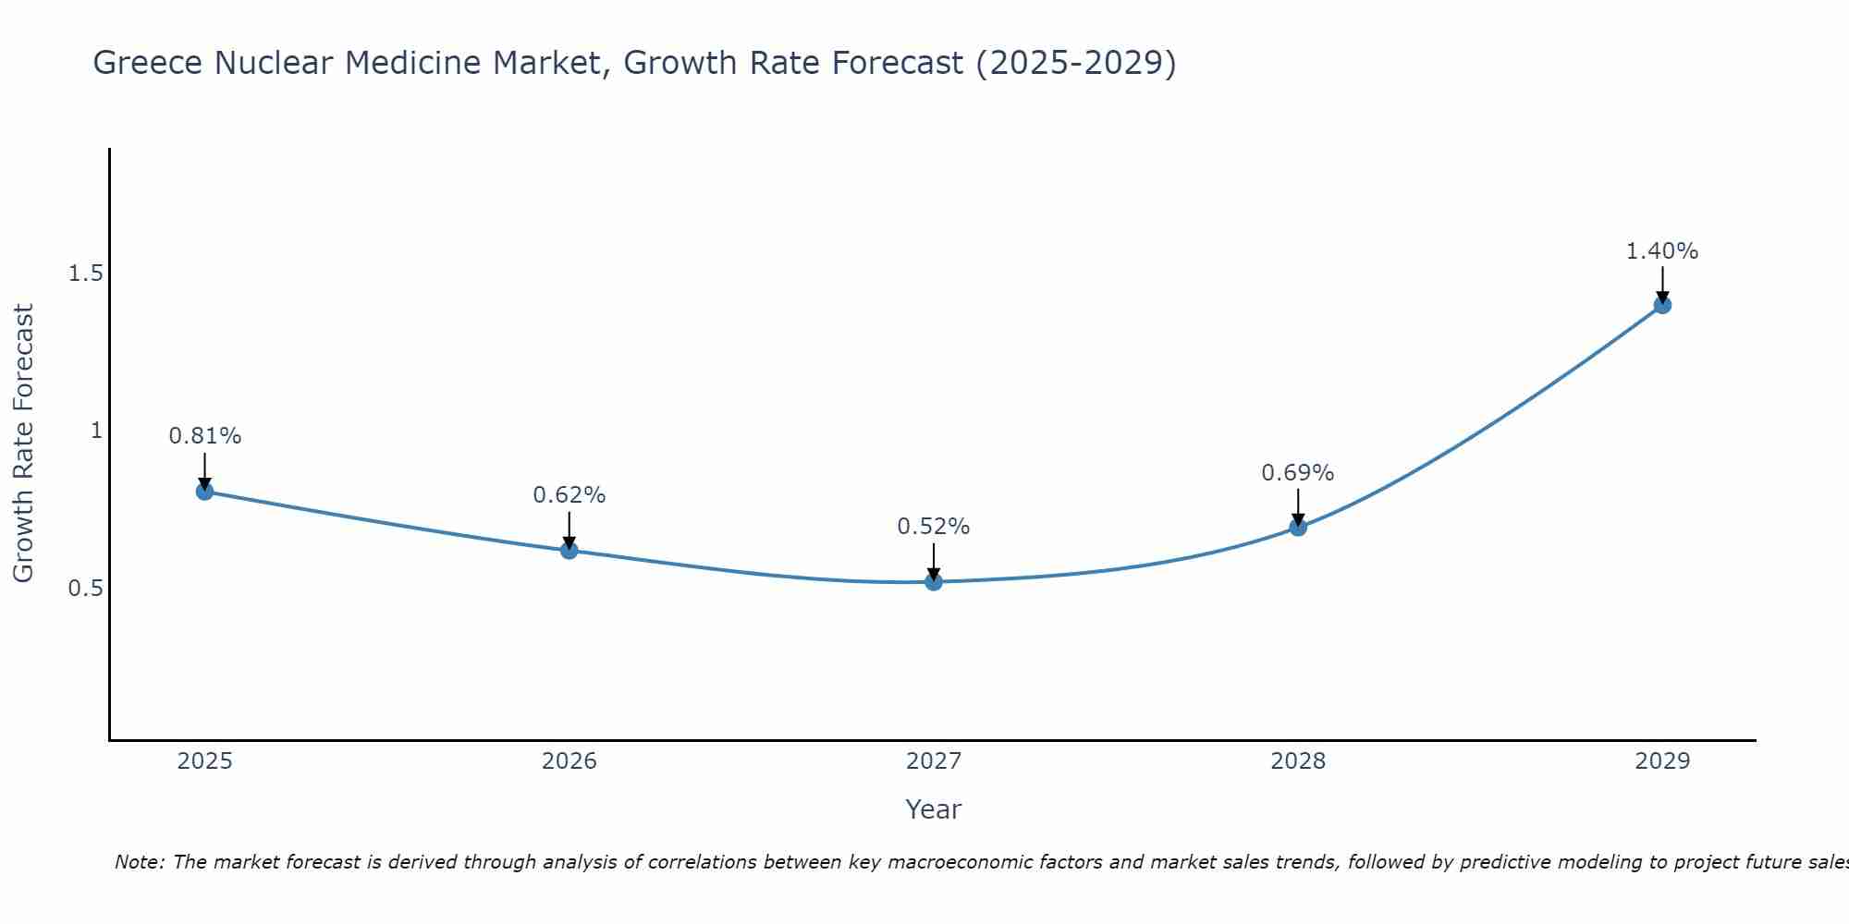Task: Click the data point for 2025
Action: pyautogui.click(x=205, y=491)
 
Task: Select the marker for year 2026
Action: pyautogui.click(x=569, y=550)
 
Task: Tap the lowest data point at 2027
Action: pyautogui.click(x=934, y=581)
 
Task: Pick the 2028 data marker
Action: pyautogui.click(x=1298, y=527)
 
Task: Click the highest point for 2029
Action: pyautogui.click(x=1662, y=305)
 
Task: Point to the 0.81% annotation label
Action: pyautogui.click(x=205, y=436)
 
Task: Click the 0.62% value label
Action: pyautogui.click(x=569, y=495)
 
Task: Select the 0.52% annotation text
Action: pyautogui.click(x=934, y=527)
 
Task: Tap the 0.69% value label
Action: pyautogui.click(x=1298, y=473)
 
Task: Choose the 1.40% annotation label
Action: pyautogui.click(x=1662, y=251)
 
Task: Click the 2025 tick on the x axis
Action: pyautogui.click(x=205, y=761)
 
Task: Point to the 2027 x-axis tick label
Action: pyautogui.click(x=934, y=761)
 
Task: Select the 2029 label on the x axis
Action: pyautogui.click(x=1662, y=761)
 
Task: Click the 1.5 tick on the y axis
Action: pyautogui.click(x=85, y=274)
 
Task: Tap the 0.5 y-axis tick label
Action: pyautogui.click(x=85, y=588)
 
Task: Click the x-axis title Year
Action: pyautogui.click(x=934, y=809)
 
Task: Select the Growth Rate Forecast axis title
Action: pyautogui.click(x=24, y=444)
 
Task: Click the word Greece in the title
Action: pyautogui.click(x=149, y=64)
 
